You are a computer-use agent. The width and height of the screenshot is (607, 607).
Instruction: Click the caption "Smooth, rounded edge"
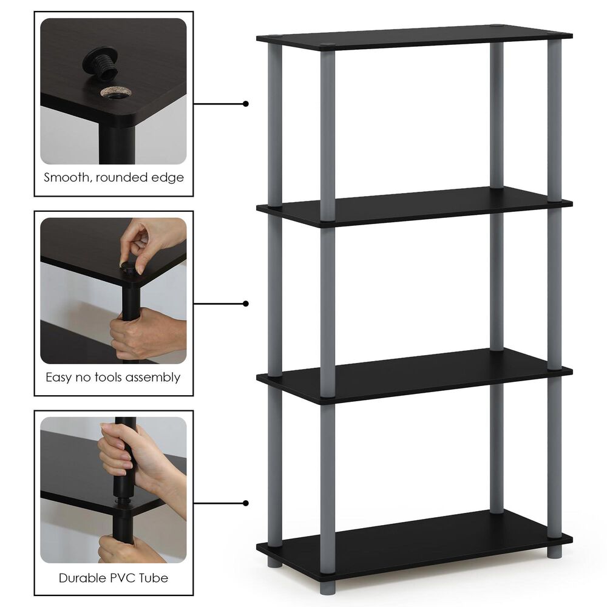[x=114, y=178]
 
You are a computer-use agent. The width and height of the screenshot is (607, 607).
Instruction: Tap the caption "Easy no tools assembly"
[x=114, y=377]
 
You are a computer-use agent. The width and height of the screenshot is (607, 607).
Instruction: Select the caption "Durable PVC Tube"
[x=114, y=577]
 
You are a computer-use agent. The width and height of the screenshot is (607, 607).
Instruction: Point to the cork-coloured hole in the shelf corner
[x=115, y=93]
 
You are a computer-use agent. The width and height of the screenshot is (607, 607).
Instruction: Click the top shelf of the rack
[x=413, y=38]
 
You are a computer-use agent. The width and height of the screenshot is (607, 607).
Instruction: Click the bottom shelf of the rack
[x=413, y=542]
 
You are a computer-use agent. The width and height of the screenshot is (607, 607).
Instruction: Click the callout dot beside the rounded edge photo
[x=246, y=104]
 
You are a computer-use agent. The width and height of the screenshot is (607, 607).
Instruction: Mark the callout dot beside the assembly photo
[x=246, y=303]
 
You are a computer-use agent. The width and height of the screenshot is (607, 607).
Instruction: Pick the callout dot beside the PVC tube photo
[x=246, y=503]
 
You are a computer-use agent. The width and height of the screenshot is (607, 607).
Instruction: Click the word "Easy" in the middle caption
[x=59, y=377]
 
